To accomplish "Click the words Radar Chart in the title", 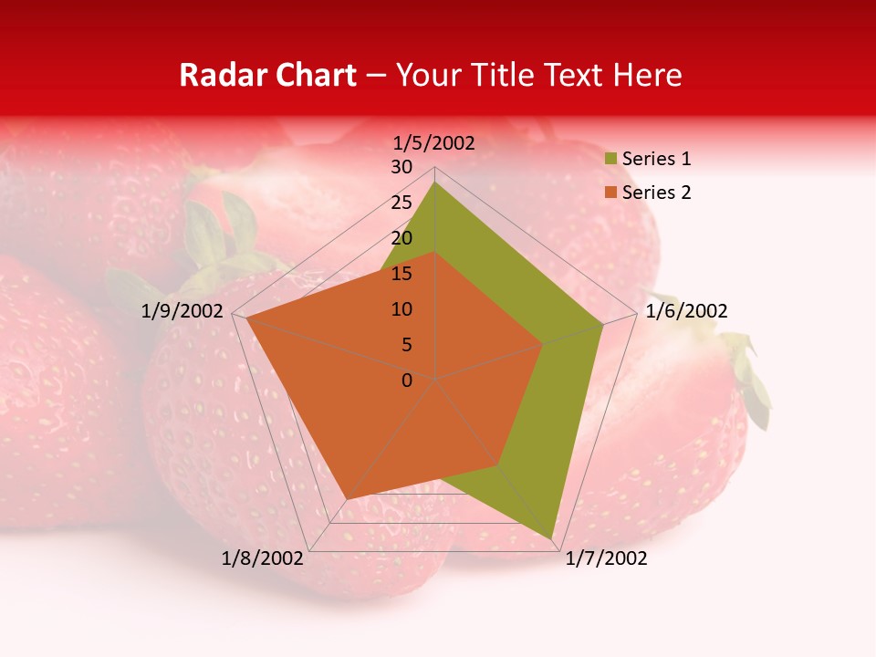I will pyautogui.click(x=267, y=75).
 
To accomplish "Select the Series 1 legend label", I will pyautogui.click(x=656, y=159).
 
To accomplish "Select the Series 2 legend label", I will pyautogui.click(x=656, y=193).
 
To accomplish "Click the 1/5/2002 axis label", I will pyautogui.click(x=433, y=142).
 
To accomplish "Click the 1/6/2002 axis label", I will pyautogui.click(x=686, y=311).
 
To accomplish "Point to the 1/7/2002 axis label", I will pyautogui.click(x=606, y=558).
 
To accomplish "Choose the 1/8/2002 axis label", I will pyautogui.click(x=262, y=558).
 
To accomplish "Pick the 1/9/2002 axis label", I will pyautogui.click(x=182, y=311).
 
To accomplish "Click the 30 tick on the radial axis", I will pyautogui.click(x=401, y=167).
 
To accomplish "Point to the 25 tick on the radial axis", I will pyautogui.click(x=401, y=203).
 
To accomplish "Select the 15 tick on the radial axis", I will pyautogui.click(x=401, y=274).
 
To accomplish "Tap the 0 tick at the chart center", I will pyautogui.click(x=407, y=381).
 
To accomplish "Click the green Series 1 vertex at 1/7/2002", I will pyautogui.click(x=553, y=539).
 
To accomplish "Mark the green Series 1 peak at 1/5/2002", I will pyautogui.click(x=435, y=182).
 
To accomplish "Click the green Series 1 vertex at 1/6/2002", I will pyautogui.click(x=603, y=324).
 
